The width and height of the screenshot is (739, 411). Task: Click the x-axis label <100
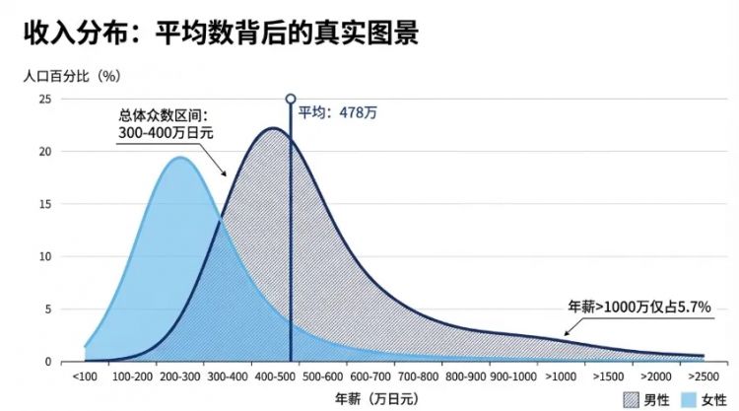pyautogui.click(x=85, y=377)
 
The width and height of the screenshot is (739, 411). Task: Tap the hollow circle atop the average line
pyautogui.click(x=290, y=99)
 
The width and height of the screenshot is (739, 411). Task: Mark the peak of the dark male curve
pyautogui.click(x=272, y=129)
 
